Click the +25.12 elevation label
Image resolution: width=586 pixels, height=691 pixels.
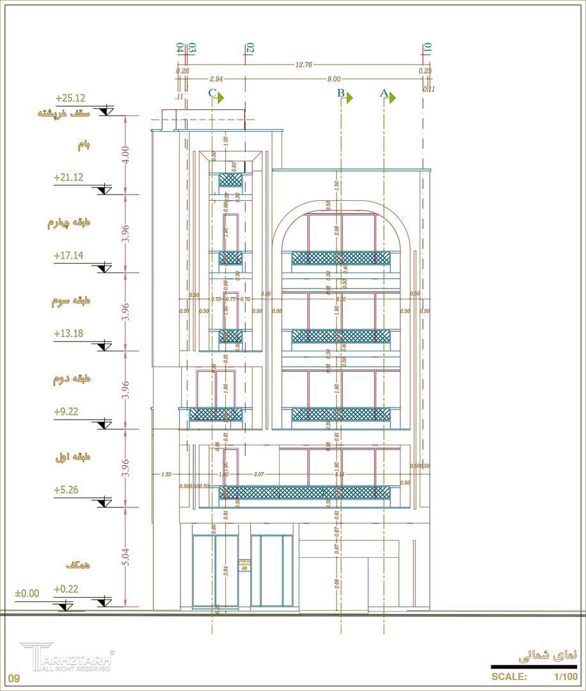point(70,99)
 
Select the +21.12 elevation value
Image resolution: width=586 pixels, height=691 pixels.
point(68,177)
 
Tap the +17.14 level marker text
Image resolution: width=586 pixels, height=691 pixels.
point(68,255)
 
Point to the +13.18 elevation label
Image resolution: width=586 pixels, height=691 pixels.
point(68,333)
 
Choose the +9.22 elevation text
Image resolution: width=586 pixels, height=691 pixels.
point(66,411)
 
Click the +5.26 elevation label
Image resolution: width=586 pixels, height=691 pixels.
point(66,490)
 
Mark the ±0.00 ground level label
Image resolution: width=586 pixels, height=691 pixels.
point(27,594)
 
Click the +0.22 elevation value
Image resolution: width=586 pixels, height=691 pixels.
point(66,589)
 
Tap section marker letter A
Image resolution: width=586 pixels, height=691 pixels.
point(384,93)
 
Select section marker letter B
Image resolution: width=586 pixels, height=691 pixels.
point(341,94)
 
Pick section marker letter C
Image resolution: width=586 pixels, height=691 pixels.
point(212,93)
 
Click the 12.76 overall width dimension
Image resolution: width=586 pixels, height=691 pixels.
point(303,65)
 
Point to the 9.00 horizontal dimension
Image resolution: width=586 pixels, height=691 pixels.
point(333,79)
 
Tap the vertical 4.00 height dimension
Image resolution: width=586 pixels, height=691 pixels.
point(125,155)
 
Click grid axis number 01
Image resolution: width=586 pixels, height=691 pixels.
point(427,48)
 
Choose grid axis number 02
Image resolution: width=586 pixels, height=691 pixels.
point(250,48)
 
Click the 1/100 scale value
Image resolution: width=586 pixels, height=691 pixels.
point(566,676)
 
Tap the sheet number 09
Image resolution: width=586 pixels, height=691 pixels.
point(14,678)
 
